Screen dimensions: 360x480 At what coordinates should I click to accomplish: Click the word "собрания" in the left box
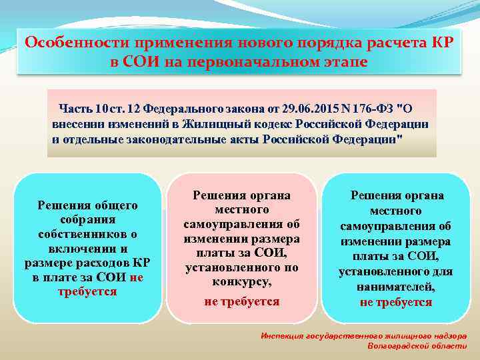(x=87, y=219)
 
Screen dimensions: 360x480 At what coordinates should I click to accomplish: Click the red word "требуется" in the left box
(x=87, y=291)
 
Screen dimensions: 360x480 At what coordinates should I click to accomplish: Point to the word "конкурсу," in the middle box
(x=242, y=282)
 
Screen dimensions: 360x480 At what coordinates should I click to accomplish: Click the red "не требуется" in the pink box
(x=242, y=301)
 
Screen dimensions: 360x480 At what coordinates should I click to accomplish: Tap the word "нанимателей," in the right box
(x=396, y=287)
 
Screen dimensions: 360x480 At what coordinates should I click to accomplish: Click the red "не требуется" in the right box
(x=396, y=301)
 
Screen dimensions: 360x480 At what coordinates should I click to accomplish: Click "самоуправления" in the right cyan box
(x=396, y=226)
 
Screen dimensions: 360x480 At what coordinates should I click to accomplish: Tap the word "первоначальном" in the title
(x=255, y=61)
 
